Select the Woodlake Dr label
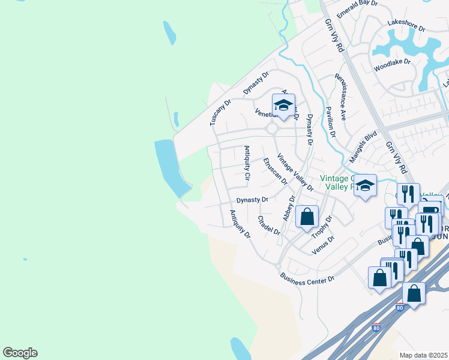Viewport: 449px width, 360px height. pos(392,62)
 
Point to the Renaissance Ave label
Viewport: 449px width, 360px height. pos(341,97)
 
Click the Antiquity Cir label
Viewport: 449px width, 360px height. pos(246,163)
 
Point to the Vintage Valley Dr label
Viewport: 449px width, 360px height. pos(295,172)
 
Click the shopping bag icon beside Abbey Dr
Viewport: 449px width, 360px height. pos(307,217)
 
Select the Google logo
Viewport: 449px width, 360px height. pos(20,353)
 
